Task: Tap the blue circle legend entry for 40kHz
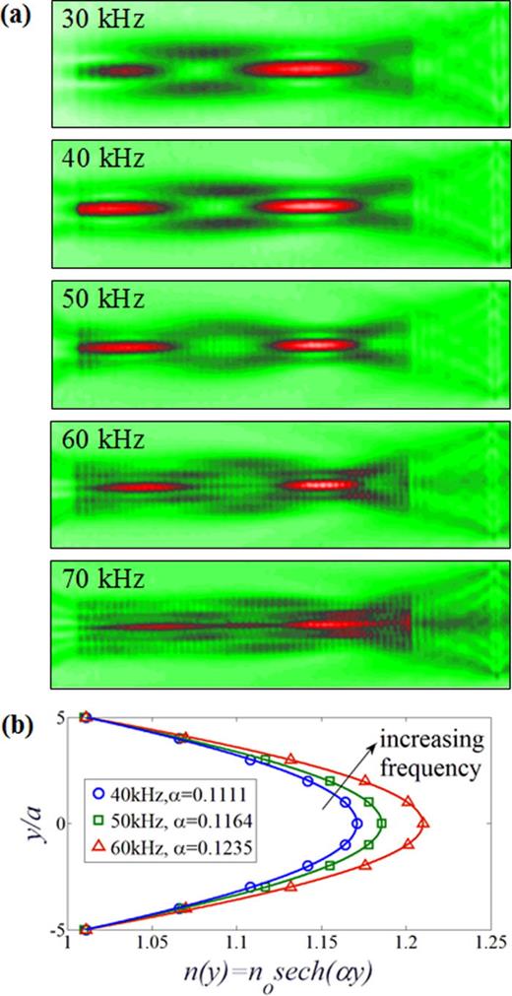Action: click(x=171, y=788)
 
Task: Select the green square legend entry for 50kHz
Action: click(x=173, y=817)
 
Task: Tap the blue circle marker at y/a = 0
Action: click(x=357, y=824)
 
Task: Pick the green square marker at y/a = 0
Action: click(x=382, y=824)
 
